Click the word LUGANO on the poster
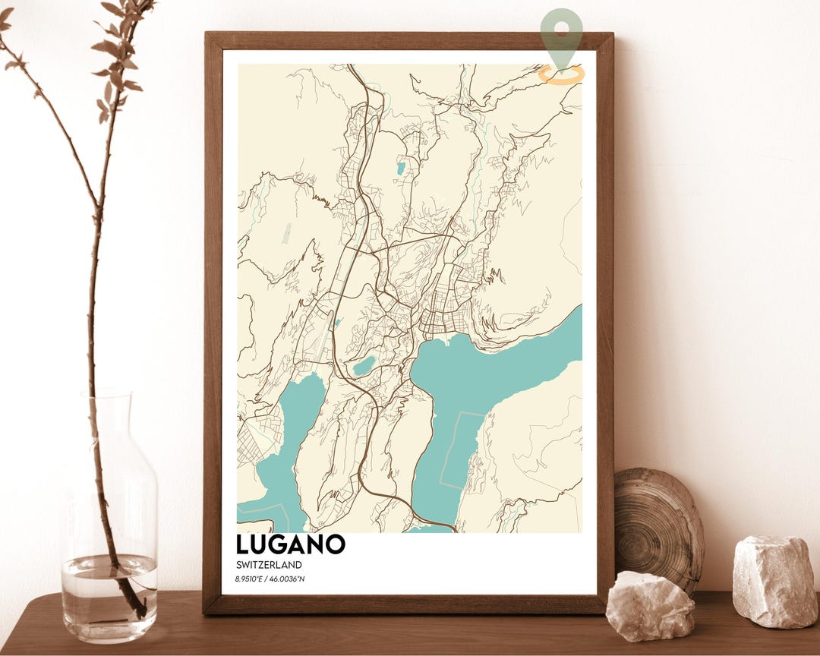tap(291, 544)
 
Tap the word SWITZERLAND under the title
tap(269, 565)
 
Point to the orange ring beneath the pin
tap(562, 74)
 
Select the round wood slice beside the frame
tap(658, 524)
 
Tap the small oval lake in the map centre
tap(364, 366)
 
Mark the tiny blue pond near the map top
tap(399, 168)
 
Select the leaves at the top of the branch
tap(114, 46)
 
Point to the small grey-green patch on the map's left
tap(287, 233)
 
